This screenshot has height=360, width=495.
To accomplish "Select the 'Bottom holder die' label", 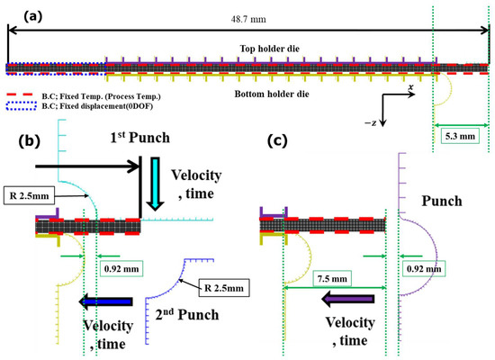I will click(x=247, y=94).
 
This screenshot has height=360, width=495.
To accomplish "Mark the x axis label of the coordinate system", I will click(x=410, y=87).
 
